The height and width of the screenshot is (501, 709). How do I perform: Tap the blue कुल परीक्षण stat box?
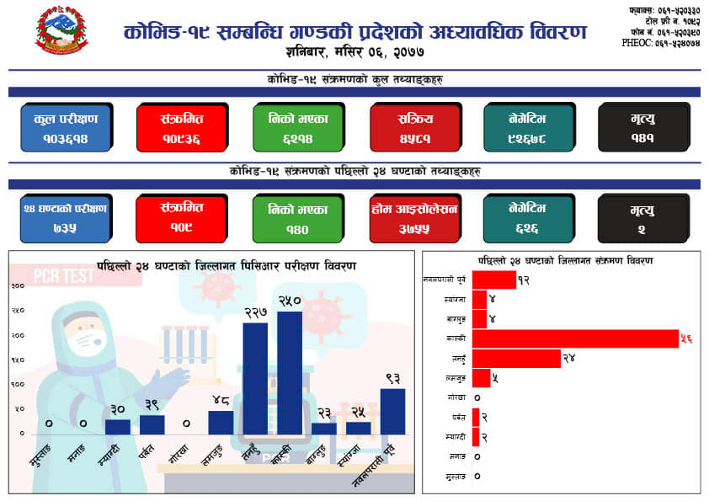(x=66, y=128)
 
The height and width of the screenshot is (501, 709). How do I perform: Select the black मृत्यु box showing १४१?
(x=643, y=128)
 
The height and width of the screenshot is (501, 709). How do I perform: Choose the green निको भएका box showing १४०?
(x=297, y=218)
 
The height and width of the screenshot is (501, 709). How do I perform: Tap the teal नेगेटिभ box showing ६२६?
(x=528, y=218)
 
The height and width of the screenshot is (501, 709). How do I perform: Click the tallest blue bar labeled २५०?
(x=289, y=372)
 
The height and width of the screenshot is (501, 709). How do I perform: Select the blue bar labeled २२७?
(x=255, y=378)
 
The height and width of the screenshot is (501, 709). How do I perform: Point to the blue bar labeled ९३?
(x=392, y=411)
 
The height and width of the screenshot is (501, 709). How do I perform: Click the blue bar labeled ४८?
(x=221, y=422)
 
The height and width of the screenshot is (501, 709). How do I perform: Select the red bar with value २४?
(x=516, y=358)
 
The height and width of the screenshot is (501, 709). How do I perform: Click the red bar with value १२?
(x=493, y=280)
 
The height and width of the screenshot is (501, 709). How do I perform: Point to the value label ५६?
(x=687, y=338)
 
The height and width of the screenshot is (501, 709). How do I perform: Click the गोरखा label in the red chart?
(x=455, y=397)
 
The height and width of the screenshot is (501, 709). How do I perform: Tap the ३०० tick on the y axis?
(x=17, y=286)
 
